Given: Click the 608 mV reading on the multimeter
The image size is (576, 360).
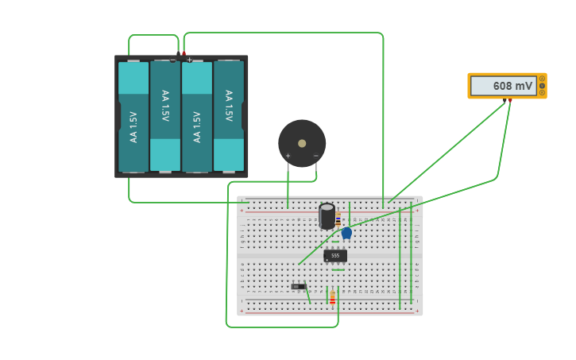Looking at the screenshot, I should (504, 86).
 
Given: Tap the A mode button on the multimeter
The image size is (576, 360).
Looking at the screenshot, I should (543, 79).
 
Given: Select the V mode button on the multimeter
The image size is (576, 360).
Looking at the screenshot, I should (543, 86).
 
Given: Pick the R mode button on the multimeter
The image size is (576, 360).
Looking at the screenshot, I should (543, 92).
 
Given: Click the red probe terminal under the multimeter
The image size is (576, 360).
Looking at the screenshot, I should (510, 101).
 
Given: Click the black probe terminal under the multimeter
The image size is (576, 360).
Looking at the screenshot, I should (504, 101).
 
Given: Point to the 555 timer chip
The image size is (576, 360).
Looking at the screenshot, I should (335, 256).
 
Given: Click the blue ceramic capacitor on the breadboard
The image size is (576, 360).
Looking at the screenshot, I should (346, 232).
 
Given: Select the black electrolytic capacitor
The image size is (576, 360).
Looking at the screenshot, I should (327, 215).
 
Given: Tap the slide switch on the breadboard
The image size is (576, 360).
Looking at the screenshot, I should (298, 286).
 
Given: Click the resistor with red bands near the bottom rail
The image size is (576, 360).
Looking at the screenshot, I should (332, 297).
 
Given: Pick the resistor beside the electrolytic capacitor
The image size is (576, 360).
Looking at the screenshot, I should (338, 219).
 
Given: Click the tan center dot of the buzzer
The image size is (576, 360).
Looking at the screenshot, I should (302, 143).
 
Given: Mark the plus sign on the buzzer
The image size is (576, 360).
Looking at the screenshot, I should (288, 156).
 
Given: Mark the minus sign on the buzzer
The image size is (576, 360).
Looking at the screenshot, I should (315, 156).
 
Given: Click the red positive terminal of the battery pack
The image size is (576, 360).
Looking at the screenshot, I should (184, 54).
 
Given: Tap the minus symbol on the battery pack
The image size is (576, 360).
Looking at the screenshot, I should (172, 60).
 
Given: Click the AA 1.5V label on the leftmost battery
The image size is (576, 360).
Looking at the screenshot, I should (133, 127).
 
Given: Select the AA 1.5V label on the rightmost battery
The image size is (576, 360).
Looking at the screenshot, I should (229, 106).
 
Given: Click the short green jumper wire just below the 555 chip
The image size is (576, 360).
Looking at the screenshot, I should (338, 270).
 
